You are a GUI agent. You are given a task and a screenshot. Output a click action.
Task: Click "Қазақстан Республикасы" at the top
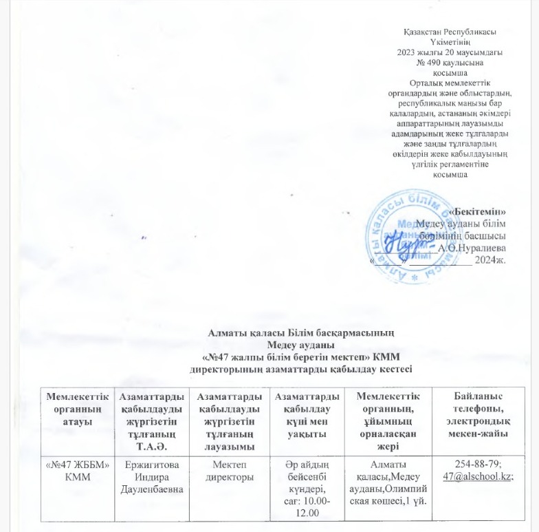pyautogui.click(x=449, y=32)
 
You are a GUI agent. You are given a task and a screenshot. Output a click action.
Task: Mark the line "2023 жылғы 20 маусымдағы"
pyautogui.click(x=449, y=52)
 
